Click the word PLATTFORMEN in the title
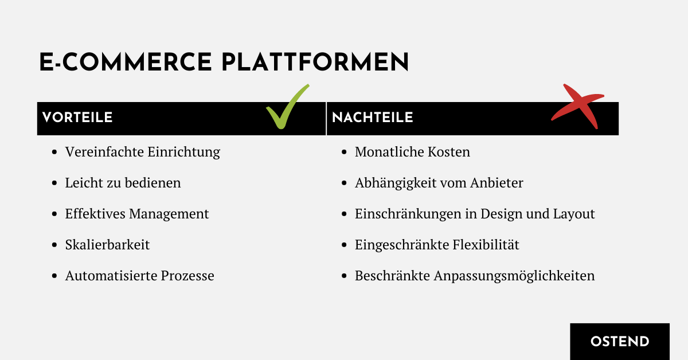[x=315, y=62]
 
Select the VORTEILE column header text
[x=77, y=118]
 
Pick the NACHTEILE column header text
[x=373, y=118]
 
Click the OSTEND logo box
[x=620, y=342]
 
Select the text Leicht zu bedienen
[x=123, y=183]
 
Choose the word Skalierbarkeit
[x=107, y=245]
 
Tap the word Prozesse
[x=187, y=276]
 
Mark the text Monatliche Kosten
[x=412, y=152]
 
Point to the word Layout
[x=574, y=214]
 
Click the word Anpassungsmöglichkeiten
[x=514, y=276]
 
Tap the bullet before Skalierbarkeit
[x=54, y=245]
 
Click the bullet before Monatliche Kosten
[x=344, y=152]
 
